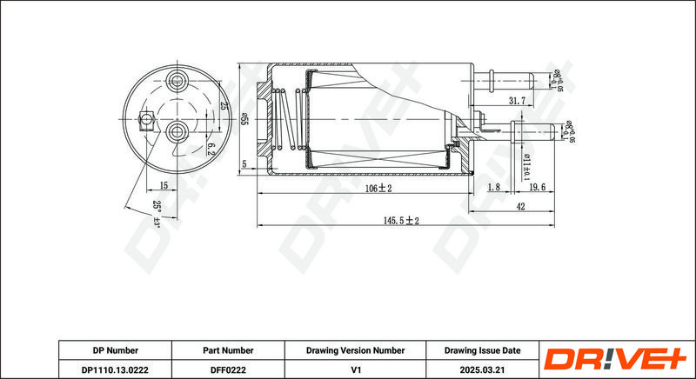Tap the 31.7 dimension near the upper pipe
point(517,102)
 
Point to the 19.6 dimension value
point(536,187)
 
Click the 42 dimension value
point(519,207)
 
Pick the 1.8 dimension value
point(493,187)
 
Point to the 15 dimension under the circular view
point(164,186)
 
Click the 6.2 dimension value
point(210,147)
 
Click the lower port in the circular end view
point(177,132)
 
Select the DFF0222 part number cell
point(229,369)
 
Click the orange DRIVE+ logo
point(614,360)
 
